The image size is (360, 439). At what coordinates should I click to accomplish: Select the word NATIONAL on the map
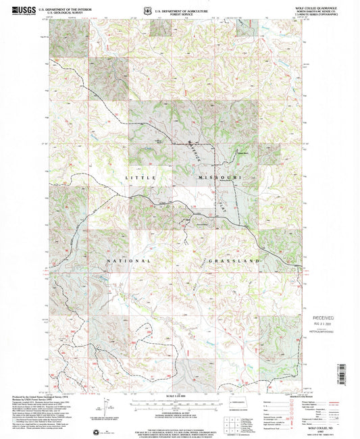click(126, 260)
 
